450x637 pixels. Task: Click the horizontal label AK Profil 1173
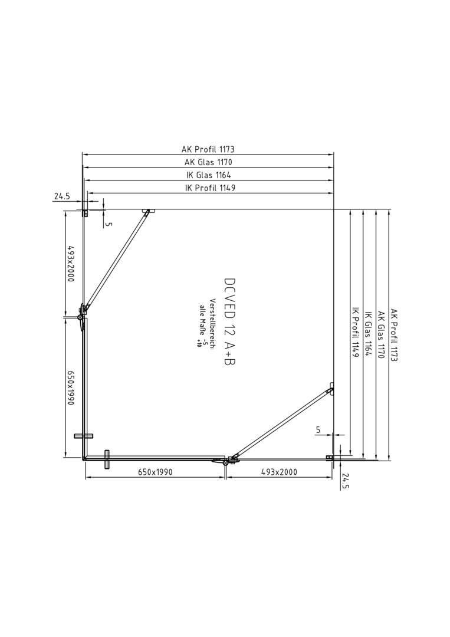208,149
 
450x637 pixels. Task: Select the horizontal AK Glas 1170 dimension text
208,162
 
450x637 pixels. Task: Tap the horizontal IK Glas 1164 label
208,175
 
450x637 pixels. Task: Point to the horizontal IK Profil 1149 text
210,188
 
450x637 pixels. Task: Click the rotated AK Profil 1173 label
393,335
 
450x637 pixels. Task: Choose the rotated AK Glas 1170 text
380,335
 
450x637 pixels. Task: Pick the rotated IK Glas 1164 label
368,334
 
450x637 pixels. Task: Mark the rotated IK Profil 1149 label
356,332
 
